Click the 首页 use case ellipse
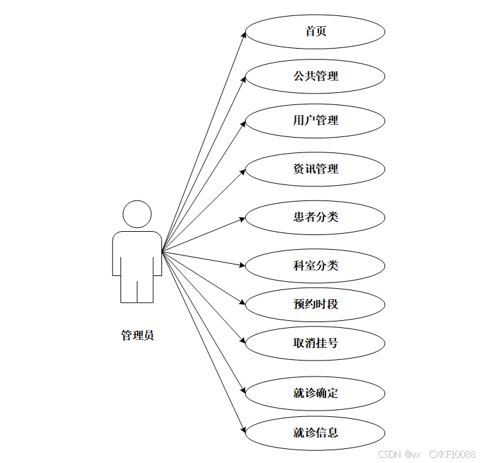[315, 31]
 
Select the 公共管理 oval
[315, 76]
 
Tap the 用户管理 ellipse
[315, 120]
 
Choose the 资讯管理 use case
[315, 170]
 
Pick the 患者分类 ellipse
[315, 217]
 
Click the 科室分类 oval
[315, 266]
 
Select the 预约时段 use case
[315, 304]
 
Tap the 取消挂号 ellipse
[315, 343]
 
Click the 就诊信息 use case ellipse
[315, 433]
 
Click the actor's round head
[137, 215]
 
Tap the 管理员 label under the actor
[137, 336]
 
